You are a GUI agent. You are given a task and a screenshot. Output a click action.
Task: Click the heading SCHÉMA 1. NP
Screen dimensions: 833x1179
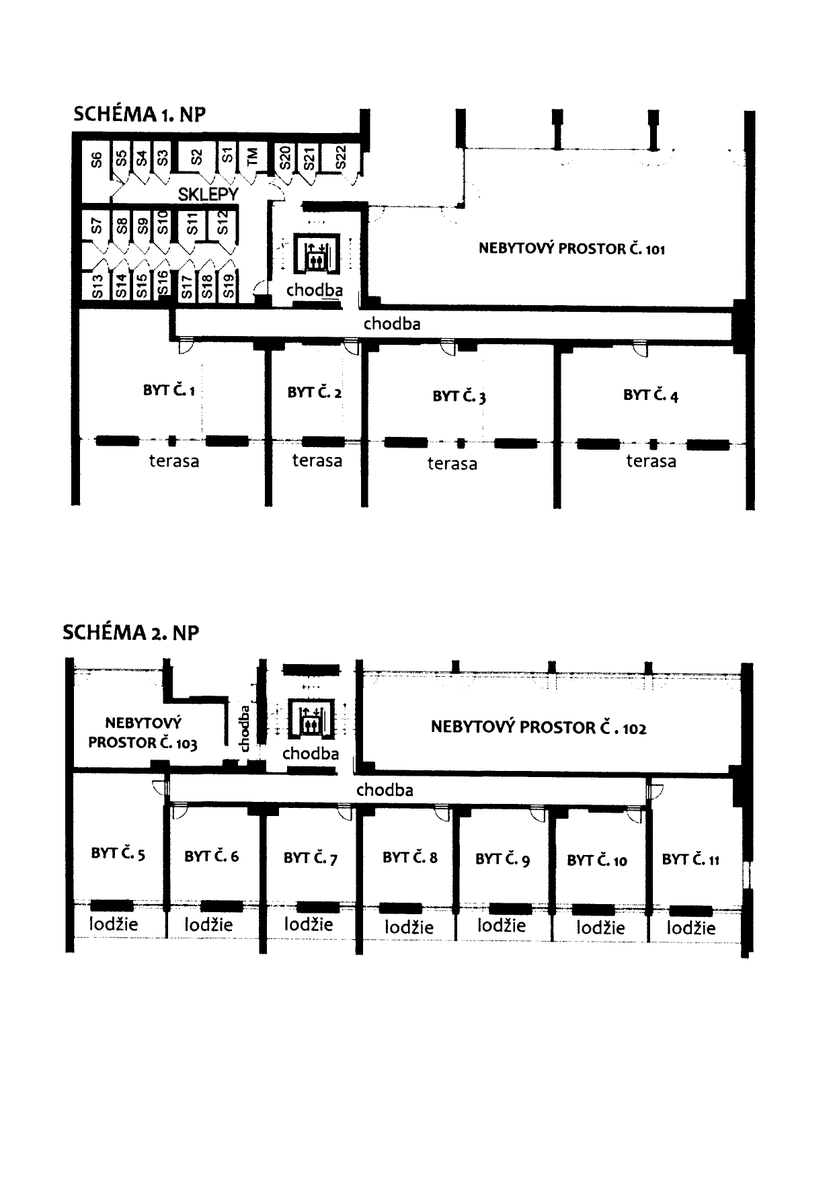pyautogui.click(x=139, y=114)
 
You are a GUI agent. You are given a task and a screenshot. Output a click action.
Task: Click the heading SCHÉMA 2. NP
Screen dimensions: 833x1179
pyautogui.click(x=131, y=633)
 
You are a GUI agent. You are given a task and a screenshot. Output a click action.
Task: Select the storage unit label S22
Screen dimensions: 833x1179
pyautogui.click(x=340, y=158)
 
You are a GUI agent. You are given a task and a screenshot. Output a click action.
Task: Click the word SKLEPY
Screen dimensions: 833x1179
pyautogui.click(x=208, y=194)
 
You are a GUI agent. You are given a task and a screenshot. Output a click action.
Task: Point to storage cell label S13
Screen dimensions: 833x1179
pyautogui.click(x=97, y=286)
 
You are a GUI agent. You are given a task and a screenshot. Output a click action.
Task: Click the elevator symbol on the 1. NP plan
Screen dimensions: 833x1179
pyautogui.click(x=315, y=253)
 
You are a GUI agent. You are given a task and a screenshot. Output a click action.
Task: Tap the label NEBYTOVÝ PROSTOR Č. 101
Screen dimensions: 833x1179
pyautogui.click(x=571, y=249)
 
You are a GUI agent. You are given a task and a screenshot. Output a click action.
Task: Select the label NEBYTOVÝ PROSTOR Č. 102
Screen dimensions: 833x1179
pyautogui.click(x=539, y=727)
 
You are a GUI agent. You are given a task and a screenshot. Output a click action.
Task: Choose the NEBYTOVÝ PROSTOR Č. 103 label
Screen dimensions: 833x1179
pyautogui.click(x=143, y=733)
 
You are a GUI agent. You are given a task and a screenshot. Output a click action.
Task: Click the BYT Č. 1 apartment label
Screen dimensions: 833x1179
pyautogui.click(x=169, y=390)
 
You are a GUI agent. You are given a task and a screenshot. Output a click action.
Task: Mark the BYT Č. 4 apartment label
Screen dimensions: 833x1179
pyautogui.click(x=650, y=395)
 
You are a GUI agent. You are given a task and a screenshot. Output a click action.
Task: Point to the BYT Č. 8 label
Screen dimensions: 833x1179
pyautogui.click(x=409, y=857)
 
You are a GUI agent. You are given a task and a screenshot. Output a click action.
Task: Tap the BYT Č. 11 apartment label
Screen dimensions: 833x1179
pyautogui.click(x=690, y=859)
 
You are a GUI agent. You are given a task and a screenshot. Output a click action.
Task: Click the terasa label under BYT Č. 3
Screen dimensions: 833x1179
pyautogui.click(x=452, y=463)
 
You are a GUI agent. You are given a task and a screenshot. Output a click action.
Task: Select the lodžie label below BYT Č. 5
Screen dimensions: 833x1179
pyautogui.click(x=114, y=924)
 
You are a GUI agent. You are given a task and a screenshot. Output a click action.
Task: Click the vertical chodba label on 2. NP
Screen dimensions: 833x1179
pyautogui.click(x=245, y=728)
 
